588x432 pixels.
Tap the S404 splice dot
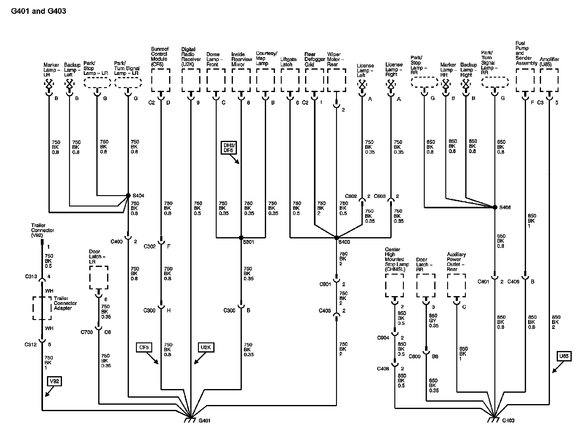coord(128,195)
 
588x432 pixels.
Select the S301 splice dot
coord(241,238)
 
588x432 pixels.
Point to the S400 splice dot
coord(337,238)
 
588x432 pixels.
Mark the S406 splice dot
coord(495,207)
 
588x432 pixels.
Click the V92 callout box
coord(54,381)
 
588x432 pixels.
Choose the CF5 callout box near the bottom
coord(144,347)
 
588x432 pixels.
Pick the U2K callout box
coord(206,347)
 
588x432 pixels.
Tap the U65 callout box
coord(564,356)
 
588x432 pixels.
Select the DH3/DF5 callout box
coord(228,148)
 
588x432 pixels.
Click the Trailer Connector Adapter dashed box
coord(42,308)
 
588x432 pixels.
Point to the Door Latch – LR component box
coord(99,277)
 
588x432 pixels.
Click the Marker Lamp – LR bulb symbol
coord(49,83)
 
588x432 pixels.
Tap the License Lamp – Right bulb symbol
coord(391,84)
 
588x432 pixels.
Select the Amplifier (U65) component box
coord(549,80)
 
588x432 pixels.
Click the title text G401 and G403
coord(38,11)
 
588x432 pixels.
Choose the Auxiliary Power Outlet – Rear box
coord(456,286)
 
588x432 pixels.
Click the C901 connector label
coord(325,284)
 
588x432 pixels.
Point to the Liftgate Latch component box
coord(290,80)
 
